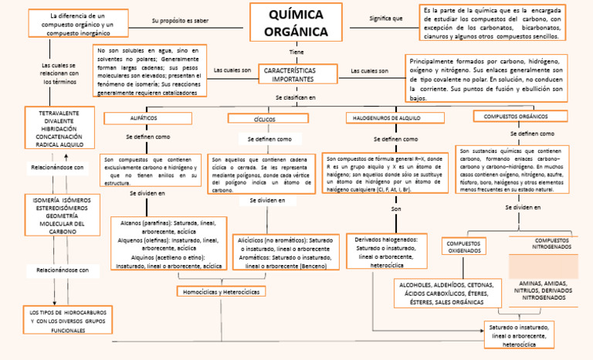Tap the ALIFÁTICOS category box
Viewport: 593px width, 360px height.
pos(141,117)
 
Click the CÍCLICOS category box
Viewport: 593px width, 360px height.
pos(264,119)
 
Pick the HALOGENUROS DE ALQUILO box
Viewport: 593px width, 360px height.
pos(395,117)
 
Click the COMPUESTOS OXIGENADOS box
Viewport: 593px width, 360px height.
pos(465,247)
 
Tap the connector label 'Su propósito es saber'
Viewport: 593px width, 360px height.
pos(179,20)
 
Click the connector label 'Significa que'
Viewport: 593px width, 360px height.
pos(386,18)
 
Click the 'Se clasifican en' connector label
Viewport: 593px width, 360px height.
pos(296,97)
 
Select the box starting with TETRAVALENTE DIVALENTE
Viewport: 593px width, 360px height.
pos(59,128)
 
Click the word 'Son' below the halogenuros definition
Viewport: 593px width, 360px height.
pos(396,209)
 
